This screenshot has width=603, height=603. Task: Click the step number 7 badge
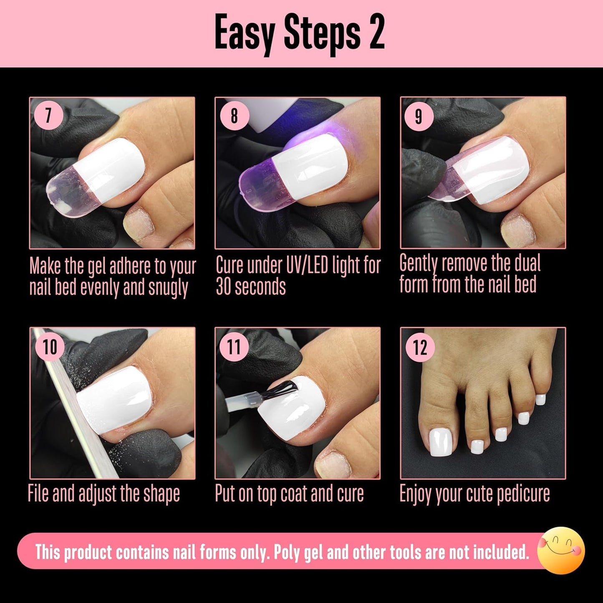[49, 115]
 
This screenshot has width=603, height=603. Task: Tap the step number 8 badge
[234, 115]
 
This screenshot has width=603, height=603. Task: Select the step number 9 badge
[419, 116]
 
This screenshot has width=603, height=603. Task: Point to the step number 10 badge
[50, 346]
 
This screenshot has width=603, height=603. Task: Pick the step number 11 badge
[234, 346]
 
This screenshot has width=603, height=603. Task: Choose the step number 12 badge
[420, 347]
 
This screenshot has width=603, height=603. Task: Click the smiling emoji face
[561, 550]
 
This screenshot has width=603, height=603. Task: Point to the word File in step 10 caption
[39, 494]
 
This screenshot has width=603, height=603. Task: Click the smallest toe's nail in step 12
[540, 399]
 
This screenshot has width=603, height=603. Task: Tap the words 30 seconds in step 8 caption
[251, 287]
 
